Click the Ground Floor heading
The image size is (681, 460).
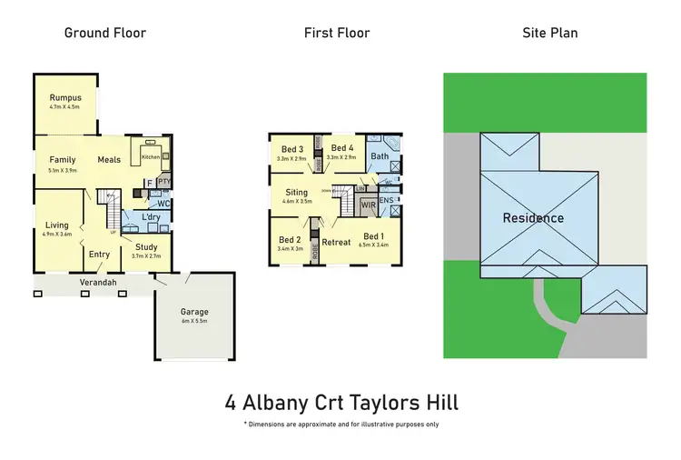pyautogui.click(x=104, y=33)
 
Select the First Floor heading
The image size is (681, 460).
pyautogui.click(x=337, y=33)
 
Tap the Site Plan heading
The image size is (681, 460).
pyautogui.click(x=549, y=33)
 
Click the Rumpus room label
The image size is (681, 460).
pyautogui.click(x=65, y=98)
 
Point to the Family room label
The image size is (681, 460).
pyautogui.click(x=63, y=159)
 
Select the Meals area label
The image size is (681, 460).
pyautogui.click(x=109, y=159)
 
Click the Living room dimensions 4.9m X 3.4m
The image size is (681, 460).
pyautogui.click(x=58, y=234)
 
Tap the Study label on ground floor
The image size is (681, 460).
pyautogui.click(x=146, y=246)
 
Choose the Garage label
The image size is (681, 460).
pyautogui.click(x=194, y=311)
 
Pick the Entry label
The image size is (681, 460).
pyautogui.click(x=99, y=255)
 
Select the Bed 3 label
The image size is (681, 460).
pyautogui.click(x=291, y=148)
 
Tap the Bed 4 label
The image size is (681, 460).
pyautogui.click(x=342, y=148)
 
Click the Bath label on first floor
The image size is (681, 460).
pyautogui.click(x=380, y=156)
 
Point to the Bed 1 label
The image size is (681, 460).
pyautogui.click(x=374, y=236)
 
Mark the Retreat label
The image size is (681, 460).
pyautogui.click(x=336, y=242)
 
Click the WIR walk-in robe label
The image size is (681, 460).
pyautogui.click(x=368, y=206)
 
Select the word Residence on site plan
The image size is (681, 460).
pyautogui.click(x=534, y=218)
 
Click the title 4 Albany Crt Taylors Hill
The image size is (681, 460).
pyautogui.click(x=340, y=400)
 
